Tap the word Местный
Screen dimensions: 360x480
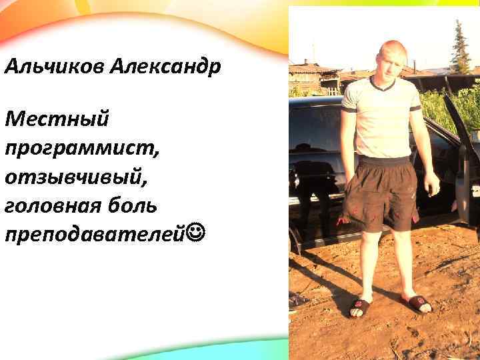click(56, 121)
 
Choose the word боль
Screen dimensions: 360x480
click(133, 205)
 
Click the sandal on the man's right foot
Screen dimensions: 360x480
click(361, 306)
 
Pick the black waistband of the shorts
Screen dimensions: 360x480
click(383, 161)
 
